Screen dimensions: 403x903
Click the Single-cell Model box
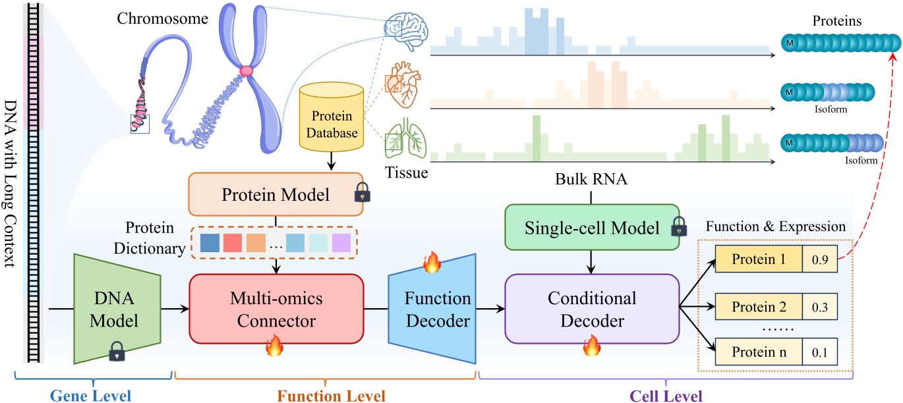[x=592, y=227]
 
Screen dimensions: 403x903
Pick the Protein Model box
[x=276, y=195]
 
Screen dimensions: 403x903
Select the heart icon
[x=401, y=84]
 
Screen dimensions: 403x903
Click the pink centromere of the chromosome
[x=247, y=70]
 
